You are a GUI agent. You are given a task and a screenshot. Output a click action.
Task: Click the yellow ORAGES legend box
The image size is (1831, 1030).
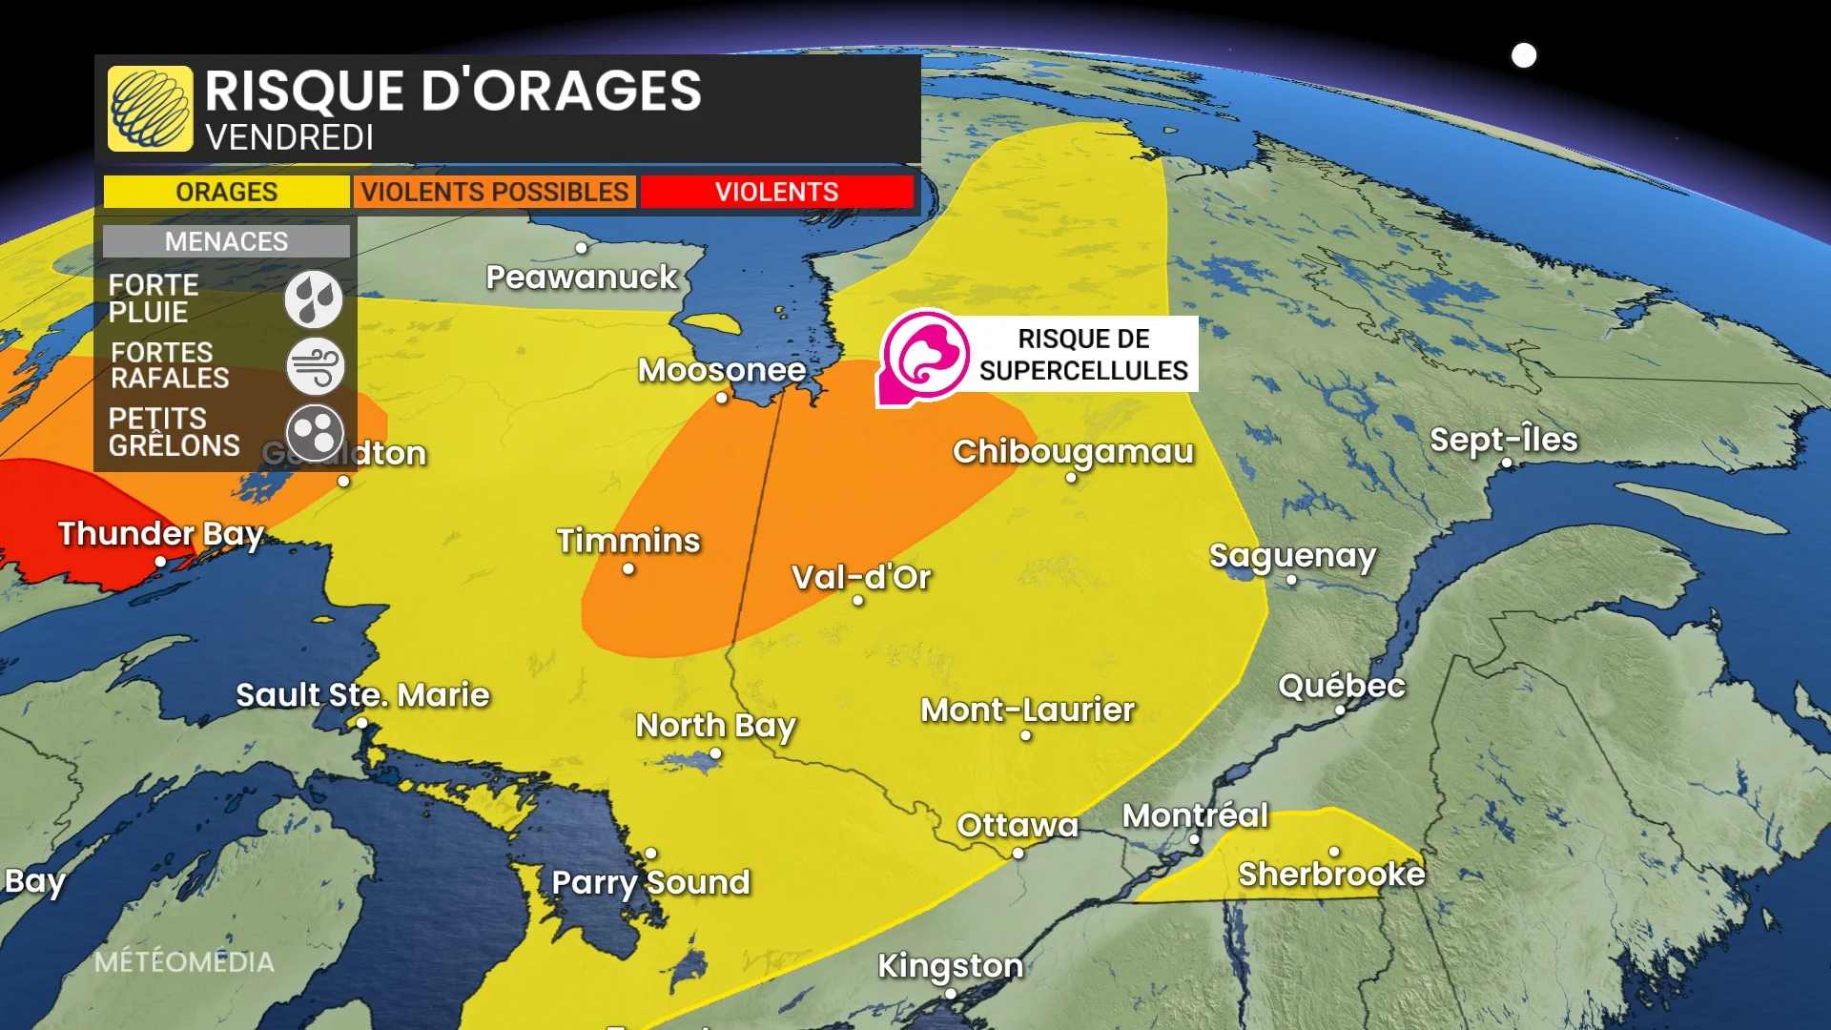coord(226,192)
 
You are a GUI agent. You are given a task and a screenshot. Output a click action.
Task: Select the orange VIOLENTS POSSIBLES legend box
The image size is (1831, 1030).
coord(495,192)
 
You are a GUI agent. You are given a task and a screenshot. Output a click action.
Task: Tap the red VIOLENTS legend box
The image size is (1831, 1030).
coord(776,192)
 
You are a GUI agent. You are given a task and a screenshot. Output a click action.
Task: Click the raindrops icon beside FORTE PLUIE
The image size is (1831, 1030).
coord(314,299)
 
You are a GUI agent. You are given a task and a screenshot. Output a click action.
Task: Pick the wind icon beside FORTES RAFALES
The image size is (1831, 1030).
coord(315,365)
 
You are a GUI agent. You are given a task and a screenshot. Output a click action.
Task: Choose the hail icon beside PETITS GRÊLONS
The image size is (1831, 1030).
coord(315,432)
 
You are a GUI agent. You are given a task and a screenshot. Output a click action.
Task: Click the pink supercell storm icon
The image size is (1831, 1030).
coord(923,356)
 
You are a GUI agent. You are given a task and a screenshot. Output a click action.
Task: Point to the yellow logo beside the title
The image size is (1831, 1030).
coord(150,109)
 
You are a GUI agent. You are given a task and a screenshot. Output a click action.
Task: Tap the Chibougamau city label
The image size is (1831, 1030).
coord(1073,451)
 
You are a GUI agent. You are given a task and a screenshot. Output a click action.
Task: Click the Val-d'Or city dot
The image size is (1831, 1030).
coord(858,601)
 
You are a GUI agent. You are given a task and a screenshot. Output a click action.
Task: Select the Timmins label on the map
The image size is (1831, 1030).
coord(628,541)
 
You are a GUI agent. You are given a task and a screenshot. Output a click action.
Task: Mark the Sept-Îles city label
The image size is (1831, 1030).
coord(1504,440)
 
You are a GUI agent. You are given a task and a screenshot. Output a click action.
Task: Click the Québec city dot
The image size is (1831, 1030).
coord(1340,710)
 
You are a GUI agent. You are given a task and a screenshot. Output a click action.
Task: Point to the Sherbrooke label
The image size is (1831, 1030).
coord(1331,874)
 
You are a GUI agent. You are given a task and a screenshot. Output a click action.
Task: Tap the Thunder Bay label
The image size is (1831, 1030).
coord(160,534)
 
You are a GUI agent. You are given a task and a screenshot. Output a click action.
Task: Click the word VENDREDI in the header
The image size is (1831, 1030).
coord(289,138)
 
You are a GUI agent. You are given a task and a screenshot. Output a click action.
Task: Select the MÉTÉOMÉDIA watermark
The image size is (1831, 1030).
coord(184,961)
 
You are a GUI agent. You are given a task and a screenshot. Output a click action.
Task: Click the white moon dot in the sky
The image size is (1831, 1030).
coord(1524,55)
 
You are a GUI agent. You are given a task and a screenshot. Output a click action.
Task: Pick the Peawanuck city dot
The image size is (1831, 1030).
coord(581,248)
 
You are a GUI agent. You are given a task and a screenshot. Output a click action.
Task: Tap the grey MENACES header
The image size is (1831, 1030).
coord(226,241)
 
